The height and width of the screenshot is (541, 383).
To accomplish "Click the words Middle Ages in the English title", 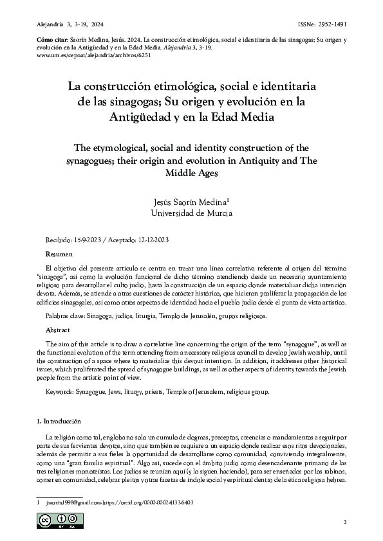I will pos(191,173).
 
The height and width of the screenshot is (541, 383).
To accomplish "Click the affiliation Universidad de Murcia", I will pos(191,213).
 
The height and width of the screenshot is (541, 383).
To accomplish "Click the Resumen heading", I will pos(53,254).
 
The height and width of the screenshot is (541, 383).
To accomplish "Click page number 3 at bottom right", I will pos(345,520).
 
